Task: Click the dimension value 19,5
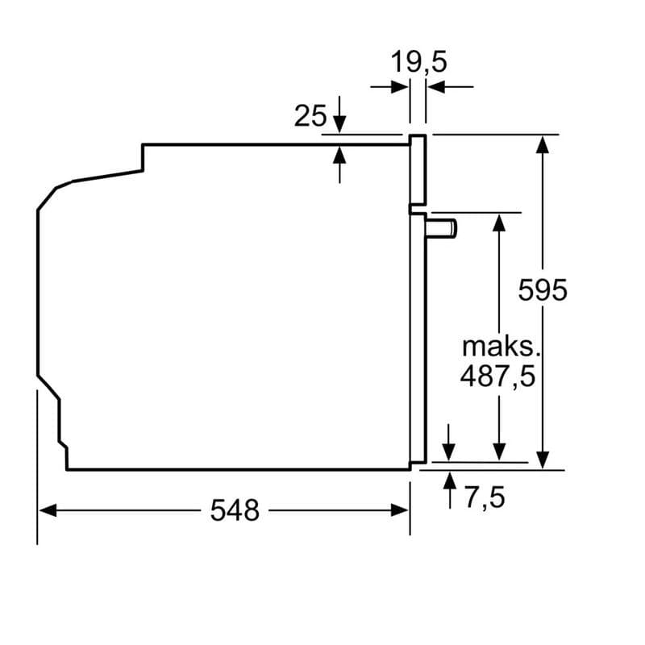418,62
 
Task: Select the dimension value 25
310,116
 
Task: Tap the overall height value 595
543,289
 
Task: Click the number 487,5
498,376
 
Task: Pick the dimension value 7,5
484,497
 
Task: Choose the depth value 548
235,510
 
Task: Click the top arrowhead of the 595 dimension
544,145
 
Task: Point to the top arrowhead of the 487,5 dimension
500,223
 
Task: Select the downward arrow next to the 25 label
339,123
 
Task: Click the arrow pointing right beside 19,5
400,86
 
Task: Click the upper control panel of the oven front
418,169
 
